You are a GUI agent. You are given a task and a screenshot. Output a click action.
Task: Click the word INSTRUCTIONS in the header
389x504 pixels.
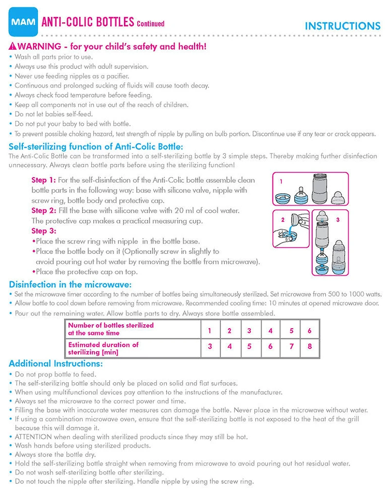[x=342, y=26]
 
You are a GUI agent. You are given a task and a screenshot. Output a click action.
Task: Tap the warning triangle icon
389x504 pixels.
[x=13, y=47]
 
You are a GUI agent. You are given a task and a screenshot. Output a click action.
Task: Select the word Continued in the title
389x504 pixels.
[x=150, y=23]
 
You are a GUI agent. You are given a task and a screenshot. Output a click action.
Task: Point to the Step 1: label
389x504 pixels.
[x=44, y=180]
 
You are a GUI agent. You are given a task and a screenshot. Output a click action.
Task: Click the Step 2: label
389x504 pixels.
[x=44, y=210]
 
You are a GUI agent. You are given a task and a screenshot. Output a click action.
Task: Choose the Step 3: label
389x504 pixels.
[x=44, y=231]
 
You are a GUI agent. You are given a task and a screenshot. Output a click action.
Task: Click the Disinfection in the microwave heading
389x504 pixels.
[x=70, y=284]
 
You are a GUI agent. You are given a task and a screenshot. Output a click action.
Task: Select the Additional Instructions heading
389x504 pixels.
[x=56, y=363]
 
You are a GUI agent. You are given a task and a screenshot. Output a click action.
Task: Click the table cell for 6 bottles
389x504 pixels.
[x=309, y=330]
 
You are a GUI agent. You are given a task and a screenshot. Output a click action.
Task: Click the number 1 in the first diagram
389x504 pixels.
[x=281, y=181]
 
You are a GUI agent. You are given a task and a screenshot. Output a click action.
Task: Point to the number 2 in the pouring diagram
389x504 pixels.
[x=282, y=220]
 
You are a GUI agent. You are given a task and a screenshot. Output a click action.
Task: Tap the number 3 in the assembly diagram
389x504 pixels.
[x=337, y=220]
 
